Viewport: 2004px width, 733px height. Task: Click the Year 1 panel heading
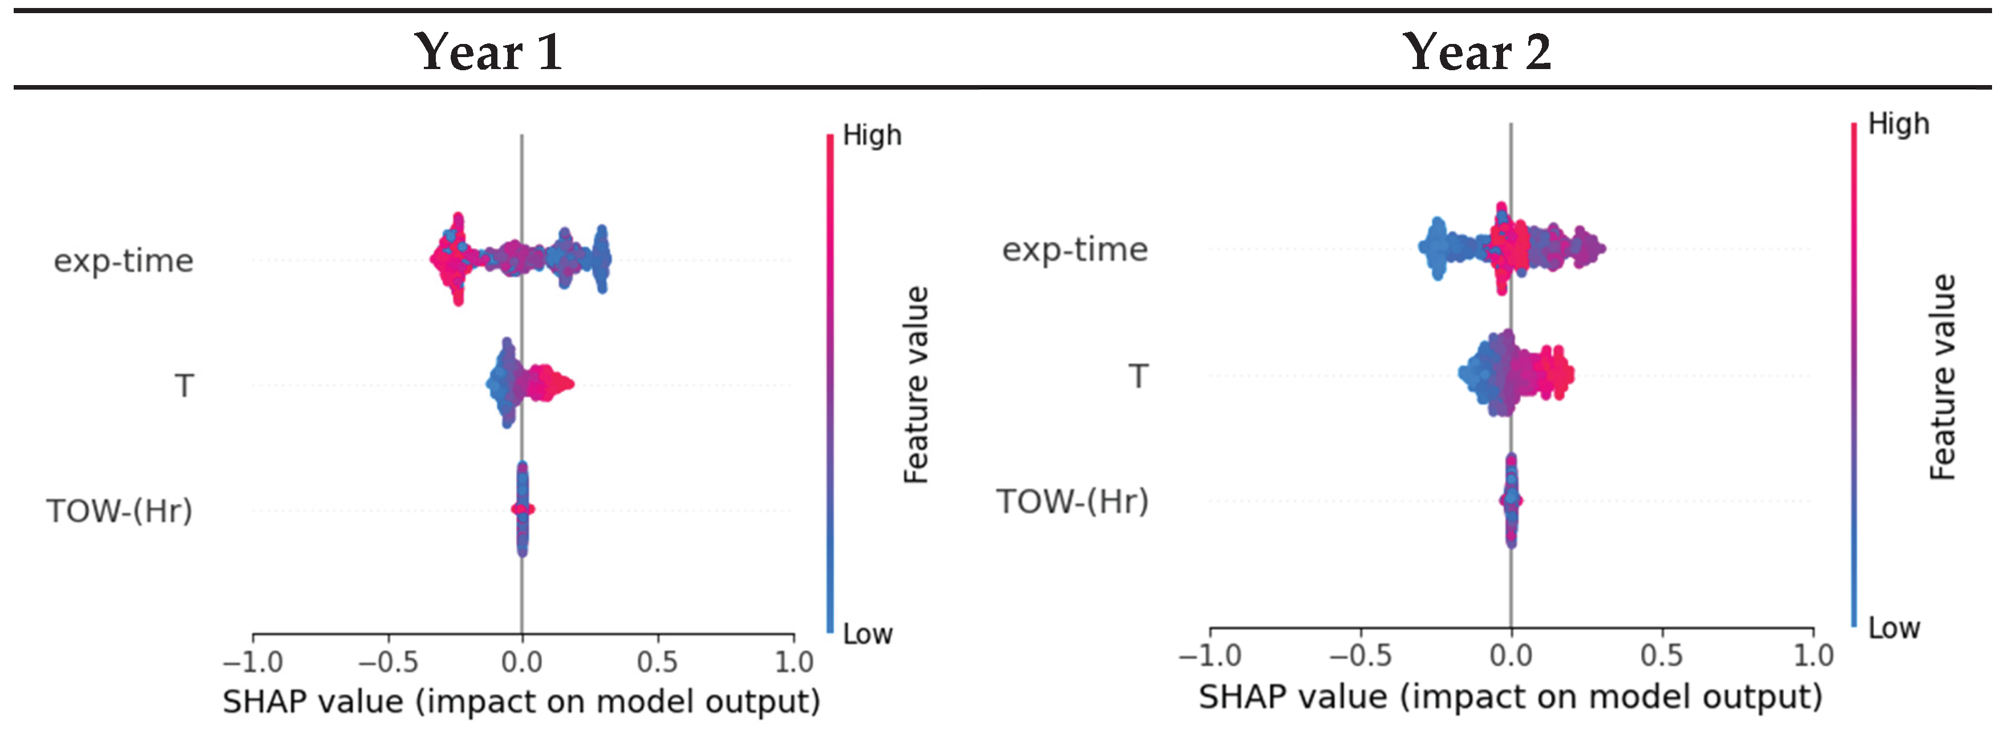coord(488,52)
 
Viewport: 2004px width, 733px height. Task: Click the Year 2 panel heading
coord(1476,52)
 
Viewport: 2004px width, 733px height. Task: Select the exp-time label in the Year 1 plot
coord(123,261)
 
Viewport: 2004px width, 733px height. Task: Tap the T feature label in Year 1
coord(184,386)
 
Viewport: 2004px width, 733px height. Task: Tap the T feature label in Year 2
coord(1138,377)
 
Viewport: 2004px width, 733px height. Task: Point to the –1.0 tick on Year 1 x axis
coord(253,662)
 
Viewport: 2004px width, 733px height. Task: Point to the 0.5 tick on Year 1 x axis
coord(657,662)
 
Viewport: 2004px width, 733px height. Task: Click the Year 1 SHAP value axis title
coord(521,702)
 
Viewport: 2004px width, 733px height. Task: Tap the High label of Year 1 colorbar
coord(871,135)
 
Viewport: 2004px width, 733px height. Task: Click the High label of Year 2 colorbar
coord(1898,124)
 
